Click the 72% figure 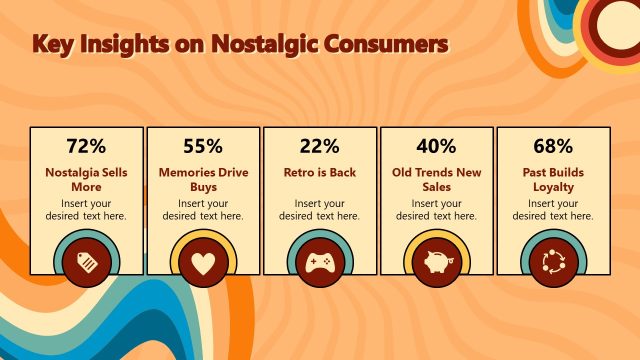86,146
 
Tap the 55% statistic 203,146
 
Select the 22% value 319,146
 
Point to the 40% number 436,146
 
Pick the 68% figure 553,146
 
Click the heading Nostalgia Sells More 86,179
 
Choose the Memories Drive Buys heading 203,179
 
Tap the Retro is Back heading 319,172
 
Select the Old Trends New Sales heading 436,179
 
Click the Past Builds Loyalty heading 553,179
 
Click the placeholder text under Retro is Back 319,209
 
